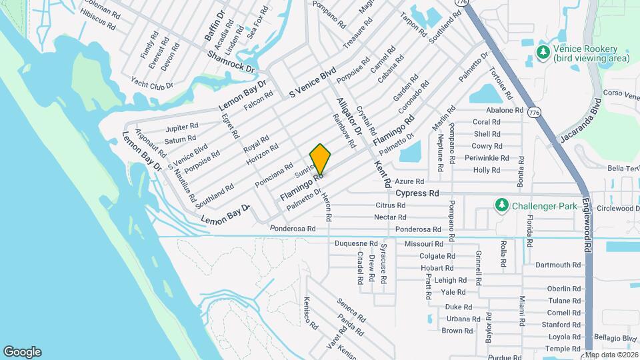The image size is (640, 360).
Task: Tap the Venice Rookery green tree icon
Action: point(544,52)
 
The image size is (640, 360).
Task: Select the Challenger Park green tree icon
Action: point(501,205)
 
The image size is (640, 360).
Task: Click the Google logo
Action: point(22,351)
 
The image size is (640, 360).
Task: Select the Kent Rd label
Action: point(383,174)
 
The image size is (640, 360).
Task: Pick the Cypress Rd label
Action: point(417,193)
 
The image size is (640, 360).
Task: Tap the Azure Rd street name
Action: point(409,181)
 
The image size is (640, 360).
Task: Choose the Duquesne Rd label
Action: point(356,244)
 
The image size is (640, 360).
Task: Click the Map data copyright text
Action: point(611,354)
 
